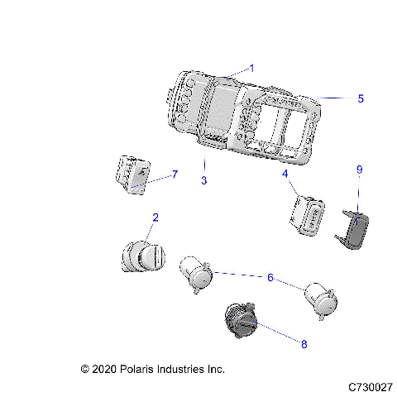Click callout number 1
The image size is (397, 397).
point(252,67)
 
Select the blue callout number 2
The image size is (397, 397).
point(155,218)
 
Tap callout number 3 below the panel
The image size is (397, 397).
point(203,180)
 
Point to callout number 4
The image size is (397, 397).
point(285,175)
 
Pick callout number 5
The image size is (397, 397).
point(360,98)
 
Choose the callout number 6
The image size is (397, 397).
point(270,278)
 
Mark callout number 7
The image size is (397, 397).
point(175,175)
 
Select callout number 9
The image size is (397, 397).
point(359,193)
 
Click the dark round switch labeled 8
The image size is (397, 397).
point(242,319)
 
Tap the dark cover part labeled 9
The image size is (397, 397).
point(353,227)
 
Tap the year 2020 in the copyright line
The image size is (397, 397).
point(106,369)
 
